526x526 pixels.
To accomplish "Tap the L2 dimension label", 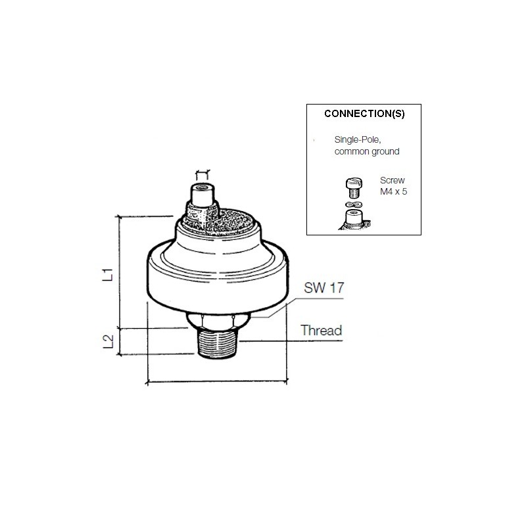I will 112,342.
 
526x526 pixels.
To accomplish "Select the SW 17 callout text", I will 323,289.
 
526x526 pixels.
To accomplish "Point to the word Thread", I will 321,330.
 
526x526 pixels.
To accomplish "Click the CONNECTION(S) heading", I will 364,113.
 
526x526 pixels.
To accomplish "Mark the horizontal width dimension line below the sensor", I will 217,381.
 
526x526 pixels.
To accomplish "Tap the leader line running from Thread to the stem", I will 270,341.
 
